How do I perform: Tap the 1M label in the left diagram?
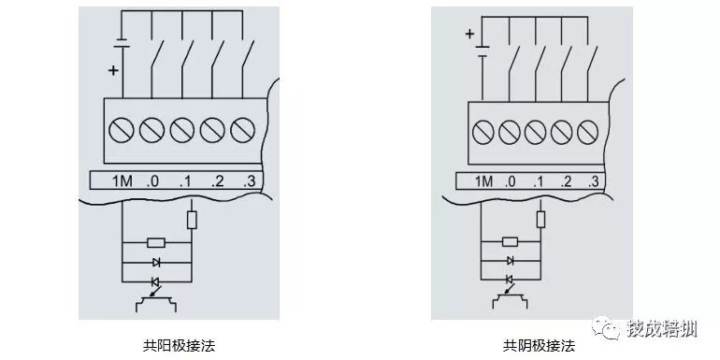click(122, 180)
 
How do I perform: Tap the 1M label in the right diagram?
click(484, 180)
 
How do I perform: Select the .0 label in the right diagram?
click(511, 180)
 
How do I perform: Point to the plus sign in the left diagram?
click(114, 70)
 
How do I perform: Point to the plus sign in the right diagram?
click(469, 35)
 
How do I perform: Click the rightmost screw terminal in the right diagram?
click(589, 129)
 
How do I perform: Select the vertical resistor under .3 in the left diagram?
click(193, 219)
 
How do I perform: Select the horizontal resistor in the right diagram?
click(511, 241)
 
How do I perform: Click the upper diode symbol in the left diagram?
click(156, 263)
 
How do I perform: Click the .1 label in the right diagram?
click(539, 180)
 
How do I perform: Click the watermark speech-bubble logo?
click(608, 329)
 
